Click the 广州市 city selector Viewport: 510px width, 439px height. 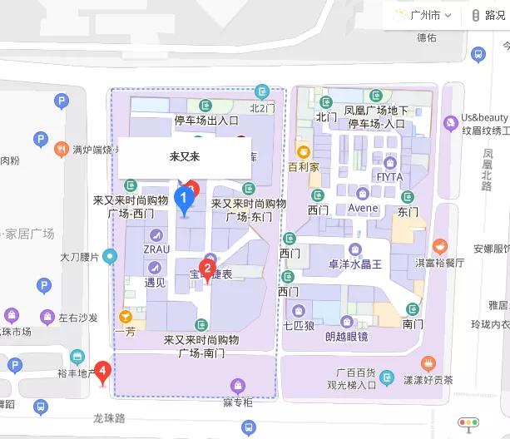click(423, 15)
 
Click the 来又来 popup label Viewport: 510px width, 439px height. click(184, 156)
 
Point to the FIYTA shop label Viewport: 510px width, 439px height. click(389, 177)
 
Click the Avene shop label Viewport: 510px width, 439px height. click(363, 208)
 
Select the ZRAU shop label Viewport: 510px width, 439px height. click(156, 249)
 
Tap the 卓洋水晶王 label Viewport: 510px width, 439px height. click(354, 265)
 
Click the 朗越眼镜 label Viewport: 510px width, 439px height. click(346, 336)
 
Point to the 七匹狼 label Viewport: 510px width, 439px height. click(299, 325)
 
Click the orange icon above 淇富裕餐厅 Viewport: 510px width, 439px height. click(438, 246)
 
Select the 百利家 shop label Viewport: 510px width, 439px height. click(304, 166)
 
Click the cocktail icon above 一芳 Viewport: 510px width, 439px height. click(125, 316)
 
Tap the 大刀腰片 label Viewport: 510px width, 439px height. click(79, 257)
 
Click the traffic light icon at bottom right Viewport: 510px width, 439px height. click(468, 422)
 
